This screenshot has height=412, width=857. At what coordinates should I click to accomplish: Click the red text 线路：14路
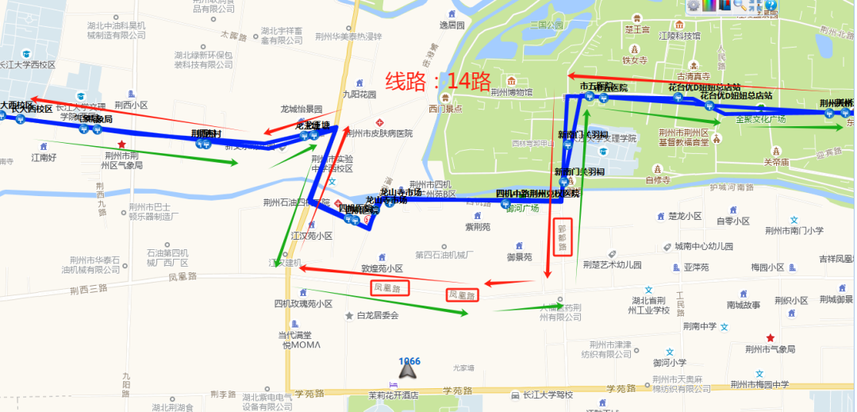pyautogui.click(x=439, y=81)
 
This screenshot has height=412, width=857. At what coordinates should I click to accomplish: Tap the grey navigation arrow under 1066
pyautogui.click(x=408, y=369)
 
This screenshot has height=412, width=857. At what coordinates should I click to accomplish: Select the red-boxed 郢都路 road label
pyautogui.click(x=563, y=237)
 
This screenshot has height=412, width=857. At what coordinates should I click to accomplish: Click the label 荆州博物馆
pyautogui.click(x=511, y=92)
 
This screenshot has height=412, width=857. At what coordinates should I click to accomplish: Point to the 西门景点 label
pyautogui.click(x=445, y=109)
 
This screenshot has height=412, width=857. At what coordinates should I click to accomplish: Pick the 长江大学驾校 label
pyautogui.click(x=547, y=395)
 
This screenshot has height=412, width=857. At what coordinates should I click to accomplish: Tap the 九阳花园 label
pyautogui.click(x=359, y=94)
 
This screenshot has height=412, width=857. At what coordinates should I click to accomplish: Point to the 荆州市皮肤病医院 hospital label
pyautogui.click(x=381, y=133)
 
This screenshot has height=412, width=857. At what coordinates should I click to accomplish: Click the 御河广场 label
pyautogui.click(x=522, y=208)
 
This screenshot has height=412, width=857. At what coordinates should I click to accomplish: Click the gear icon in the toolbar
pyautogui.click(x=694, y=6)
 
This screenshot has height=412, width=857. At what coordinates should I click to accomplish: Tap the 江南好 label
pyautogui.click(x=44, y=157)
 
